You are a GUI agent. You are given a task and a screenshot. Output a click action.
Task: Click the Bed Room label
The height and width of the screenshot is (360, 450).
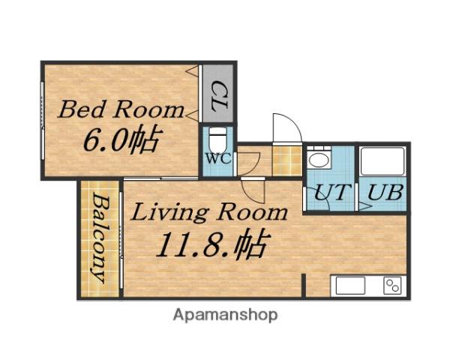point(121,109)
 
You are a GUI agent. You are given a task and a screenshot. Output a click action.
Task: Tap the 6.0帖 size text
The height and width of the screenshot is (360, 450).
point(123,139)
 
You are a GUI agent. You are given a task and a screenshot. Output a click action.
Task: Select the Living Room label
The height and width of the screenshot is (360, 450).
point(209,213)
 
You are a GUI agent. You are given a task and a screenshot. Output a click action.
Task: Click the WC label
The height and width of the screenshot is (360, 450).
point(219,158)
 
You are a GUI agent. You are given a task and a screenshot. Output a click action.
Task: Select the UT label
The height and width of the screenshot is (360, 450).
point(332,192)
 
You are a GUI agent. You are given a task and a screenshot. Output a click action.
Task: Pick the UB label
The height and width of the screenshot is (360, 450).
point(385,192)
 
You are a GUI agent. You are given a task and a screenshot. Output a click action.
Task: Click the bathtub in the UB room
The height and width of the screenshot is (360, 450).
point(382,161)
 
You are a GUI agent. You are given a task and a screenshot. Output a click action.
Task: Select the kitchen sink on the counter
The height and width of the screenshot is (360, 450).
point(350,286)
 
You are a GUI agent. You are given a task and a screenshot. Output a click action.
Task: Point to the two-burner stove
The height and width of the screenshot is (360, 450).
point(392,286)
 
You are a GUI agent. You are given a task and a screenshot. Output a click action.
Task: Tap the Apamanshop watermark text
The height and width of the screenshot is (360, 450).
point(225,315)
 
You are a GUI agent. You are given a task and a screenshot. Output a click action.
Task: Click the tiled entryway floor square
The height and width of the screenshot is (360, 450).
point(287,160)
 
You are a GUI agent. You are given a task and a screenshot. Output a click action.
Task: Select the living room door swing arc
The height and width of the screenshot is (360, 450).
point(253,190)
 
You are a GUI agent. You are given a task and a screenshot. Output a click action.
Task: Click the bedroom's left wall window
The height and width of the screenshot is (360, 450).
point(43,121)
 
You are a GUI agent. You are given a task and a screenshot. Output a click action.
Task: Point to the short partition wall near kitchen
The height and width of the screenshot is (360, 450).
point(303,286)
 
